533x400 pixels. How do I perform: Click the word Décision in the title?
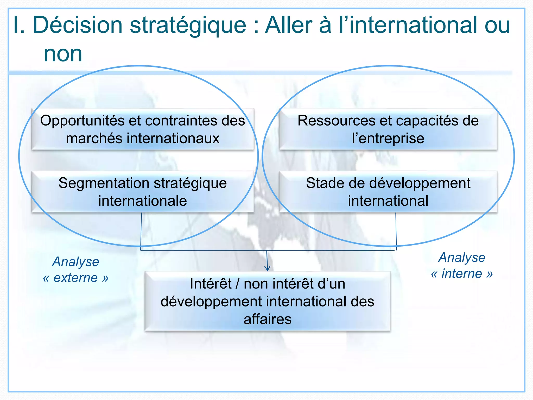(78, 25)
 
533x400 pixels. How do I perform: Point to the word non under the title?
(63, 54)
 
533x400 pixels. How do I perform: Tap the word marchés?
(94, 138)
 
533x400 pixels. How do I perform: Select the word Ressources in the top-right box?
(337, 121)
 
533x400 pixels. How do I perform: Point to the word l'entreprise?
(388, 138)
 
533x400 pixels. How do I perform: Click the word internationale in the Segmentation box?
(142, 201)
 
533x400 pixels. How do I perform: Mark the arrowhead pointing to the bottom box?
(267, 268)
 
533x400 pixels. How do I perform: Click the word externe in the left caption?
(76, 278)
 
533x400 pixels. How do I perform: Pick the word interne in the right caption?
(462, 274)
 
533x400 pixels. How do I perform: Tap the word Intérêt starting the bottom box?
(210, 284)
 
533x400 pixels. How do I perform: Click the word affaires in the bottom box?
(267, 319)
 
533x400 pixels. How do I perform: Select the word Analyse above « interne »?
(462, 258)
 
